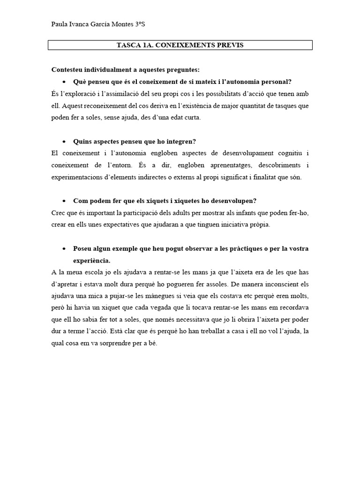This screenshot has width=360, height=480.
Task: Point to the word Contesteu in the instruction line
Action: (67, 70)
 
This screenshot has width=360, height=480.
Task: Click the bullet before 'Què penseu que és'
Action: (64, 82)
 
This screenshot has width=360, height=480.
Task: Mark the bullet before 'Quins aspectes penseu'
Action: (64, 142)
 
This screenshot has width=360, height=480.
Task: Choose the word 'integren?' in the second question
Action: (181, 141)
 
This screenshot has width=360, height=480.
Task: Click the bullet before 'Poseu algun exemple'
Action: (64, 249)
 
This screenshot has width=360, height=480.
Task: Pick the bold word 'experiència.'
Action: (91, 260)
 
